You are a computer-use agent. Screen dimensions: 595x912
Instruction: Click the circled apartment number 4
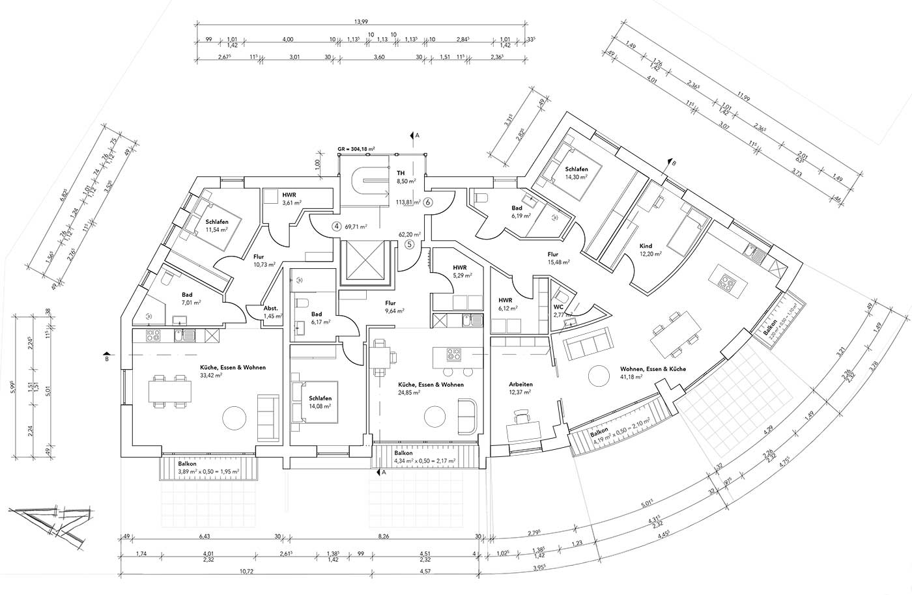336,227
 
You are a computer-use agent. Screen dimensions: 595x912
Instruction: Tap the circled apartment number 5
409,245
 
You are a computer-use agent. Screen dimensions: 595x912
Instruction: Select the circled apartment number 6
428,202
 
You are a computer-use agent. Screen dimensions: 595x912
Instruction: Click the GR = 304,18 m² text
356,149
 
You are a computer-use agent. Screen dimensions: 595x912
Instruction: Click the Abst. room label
271,308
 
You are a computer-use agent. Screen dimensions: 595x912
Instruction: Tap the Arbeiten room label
520,384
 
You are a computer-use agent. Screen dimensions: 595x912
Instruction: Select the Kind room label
646,246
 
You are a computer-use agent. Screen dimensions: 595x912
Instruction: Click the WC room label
558,306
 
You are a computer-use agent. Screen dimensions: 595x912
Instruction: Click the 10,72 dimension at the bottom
246,572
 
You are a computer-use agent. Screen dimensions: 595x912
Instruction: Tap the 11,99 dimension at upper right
743,98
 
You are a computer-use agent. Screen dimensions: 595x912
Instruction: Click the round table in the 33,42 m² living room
234,417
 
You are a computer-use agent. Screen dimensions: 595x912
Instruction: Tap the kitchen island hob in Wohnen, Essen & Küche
725,281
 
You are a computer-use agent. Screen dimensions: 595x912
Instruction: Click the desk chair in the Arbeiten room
521,415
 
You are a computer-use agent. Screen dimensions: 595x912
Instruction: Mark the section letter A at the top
418,135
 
